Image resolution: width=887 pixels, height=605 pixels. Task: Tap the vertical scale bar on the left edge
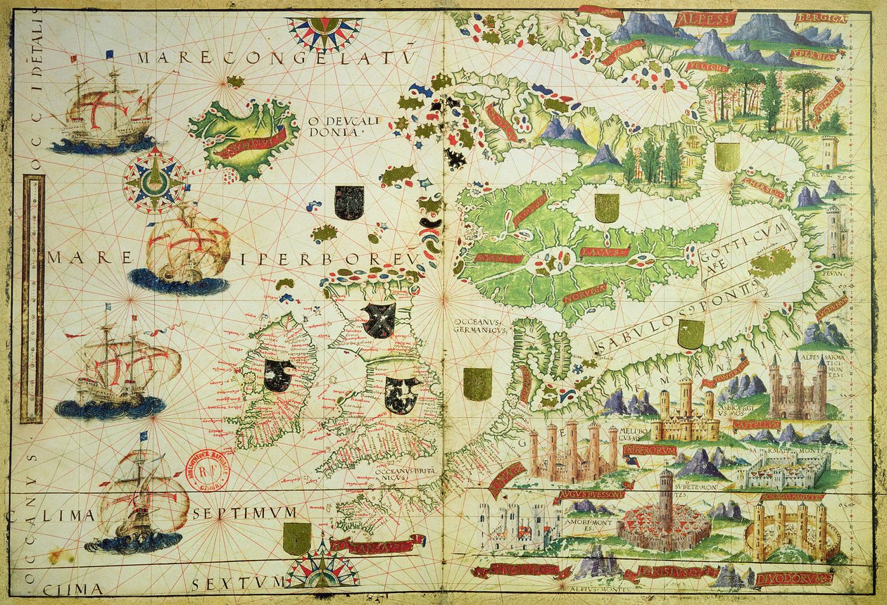(x=32, y=299)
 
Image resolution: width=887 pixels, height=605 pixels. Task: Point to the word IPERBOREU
(x=327, y=260)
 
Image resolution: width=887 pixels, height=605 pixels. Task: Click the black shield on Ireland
(x=279, y=375)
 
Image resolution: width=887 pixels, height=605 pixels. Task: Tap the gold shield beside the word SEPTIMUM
(x=297, y=538)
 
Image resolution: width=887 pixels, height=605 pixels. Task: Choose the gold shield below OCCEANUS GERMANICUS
(x=477, y=384)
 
